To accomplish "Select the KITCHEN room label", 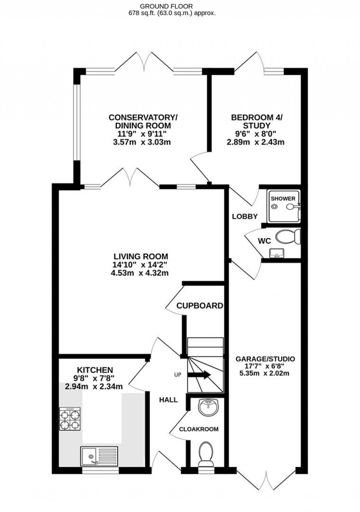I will (x=95, y=370).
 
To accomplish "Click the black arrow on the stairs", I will (x=199, y=375).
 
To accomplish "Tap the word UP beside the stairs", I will (x=178, y=375).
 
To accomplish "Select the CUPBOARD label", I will (x=200, y=306).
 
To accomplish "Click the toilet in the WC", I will (x=287, y=237).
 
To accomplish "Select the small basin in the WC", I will (x=277, y=253).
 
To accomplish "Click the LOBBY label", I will (x=245, y=217).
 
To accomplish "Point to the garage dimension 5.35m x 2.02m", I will (x=264, y=373).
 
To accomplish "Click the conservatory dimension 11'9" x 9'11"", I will (x=140, y=134).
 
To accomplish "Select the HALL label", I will (x=168, y=400).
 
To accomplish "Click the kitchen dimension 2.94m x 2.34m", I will (x=94, y=387).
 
